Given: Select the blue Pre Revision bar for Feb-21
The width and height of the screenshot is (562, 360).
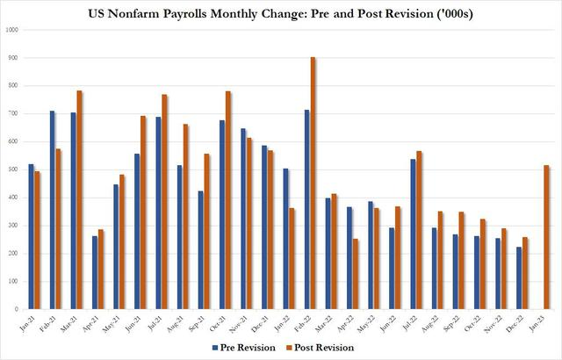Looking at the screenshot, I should pyautogui.click(x=53, y=210).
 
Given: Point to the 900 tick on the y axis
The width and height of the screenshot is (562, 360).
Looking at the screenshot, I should pyautogui.click(x=14, y=57).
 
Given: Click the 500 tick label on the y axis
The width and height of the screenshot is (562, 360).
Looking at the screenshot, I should pyautogui.click(x=14, y=169).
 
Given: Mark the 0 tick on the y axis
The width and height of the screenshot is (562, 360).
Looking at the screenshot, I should pyautogui.click(x=18, y=309).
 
